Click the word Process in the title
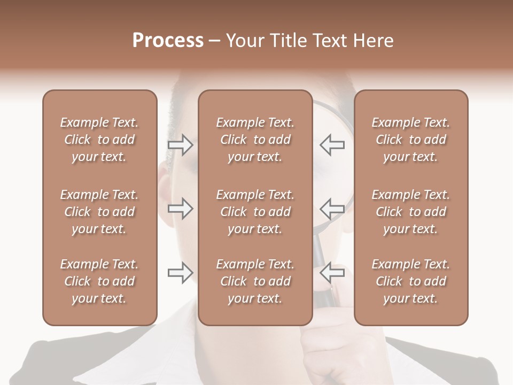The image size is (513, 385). tap(168, 41)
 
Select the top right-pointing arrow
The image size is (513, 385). tap(181, 145)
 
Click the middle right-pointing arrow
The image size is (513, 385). tap(181, 209)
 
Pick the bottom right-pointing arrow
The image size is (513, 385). tap(181, 273)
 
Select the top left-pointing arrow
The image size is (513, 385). tap(332, 145)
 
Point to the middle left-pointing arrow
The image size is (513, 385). tap(332, 209)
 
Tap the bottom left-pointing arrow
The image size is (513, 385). tap(332, 273)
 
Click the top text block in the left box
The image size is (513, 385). tap(99, 140)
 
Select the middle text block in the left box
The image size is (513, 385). tap(99, 212)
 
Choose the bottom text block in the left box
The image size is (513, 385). tap(99, 281)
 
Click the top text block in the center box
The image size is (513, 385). tap(255, 140)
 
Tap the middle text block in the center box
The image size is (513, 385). tap(255, 212)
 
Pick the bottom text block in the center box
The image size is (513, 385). tap(255, 281)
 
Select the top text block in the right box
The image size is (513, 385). tap(410, 140)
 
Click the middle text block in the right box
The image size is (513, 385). tap(410, 212)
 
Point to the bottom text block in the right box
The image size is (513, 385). tap(410, 281)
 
